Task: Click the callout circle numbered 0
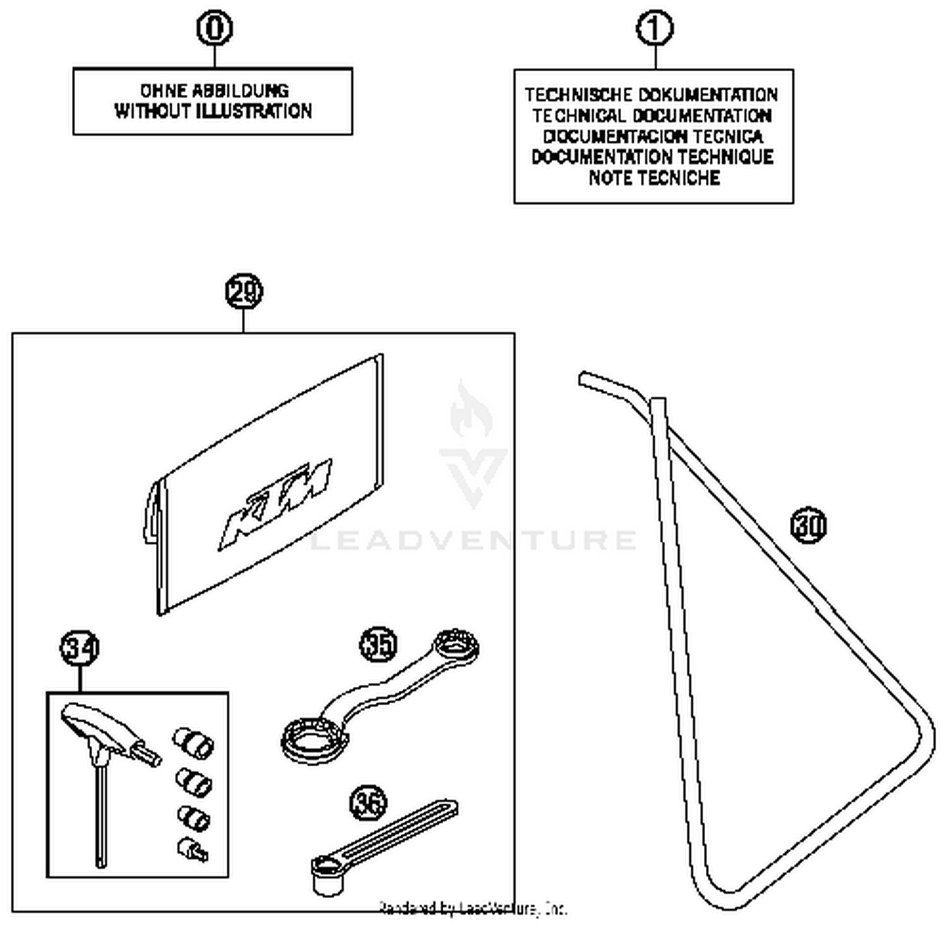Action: [215, 28]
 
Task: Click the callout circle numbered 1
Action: [654, 28]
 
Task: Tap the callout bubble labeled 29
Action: [244, 292]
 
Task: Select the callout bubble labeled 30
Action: [808, 525]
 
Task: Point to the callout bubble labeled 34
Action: [80, 648]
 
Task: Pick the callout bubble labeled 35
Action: [379, 645]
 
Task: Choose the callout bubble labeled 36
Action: [368, 803]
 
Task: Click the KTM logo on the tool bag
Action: [275, 503]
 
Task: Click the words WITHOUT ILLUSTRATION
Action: [213, 112]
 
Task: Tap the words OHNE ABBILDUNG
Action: [214, 90]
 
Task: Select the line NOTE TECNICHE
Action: [654, 178]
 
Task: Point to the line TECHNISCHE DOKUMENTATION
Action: [652, 95]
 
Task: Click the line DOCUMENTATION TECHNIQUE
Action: [653, 157]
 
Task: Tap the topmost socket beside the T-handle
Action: [194, 741]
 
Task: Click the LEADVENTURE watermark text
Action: [473, 540]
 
